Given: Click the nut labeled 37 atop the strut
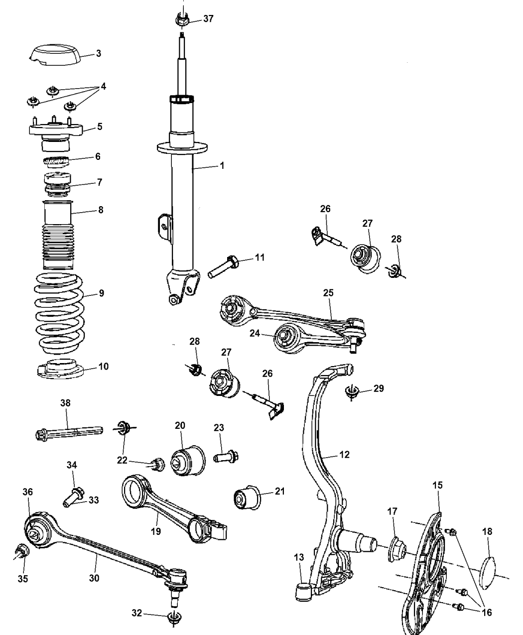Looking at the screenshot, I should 181,19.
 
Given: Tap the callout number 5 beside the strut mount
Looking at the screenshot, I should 100,127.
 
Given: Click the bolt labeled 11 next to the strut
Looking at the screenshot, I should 225,264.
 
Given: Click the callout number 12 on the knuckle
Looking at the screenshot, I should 344,454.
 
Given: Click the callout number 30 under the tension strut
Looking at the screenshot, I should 94,578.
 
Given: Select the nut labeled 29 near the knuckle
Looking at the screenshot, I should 352,393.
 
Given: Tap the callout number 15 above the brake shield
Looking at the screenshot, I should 437,485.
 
